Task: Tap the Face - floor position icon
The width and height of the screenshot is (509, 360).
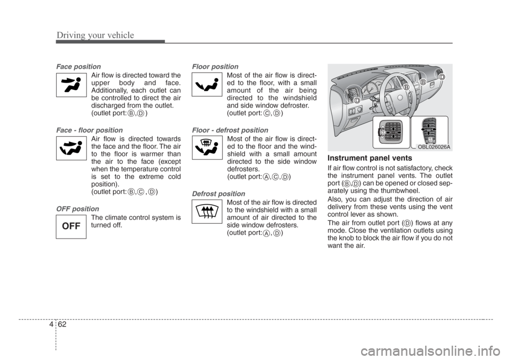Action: click(x=72, y=147)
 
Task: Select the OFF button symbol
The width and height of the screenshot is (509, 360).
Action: click(x=72, y=225)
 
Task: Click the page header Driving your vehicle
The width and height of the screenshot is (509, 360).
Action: click(x=95, y=36)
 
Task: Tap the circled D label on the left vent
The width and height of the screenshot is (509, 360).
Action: click(x=357, y=101)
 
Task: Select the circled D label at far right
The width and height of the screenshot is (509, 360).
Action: click(x=441, y=77)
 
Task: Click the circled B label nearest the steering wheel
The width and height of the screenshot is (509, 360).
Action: click(x=405, y=86)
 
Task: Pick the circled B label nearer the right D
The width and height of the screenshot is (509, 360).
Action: click(x=423, y=82)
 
